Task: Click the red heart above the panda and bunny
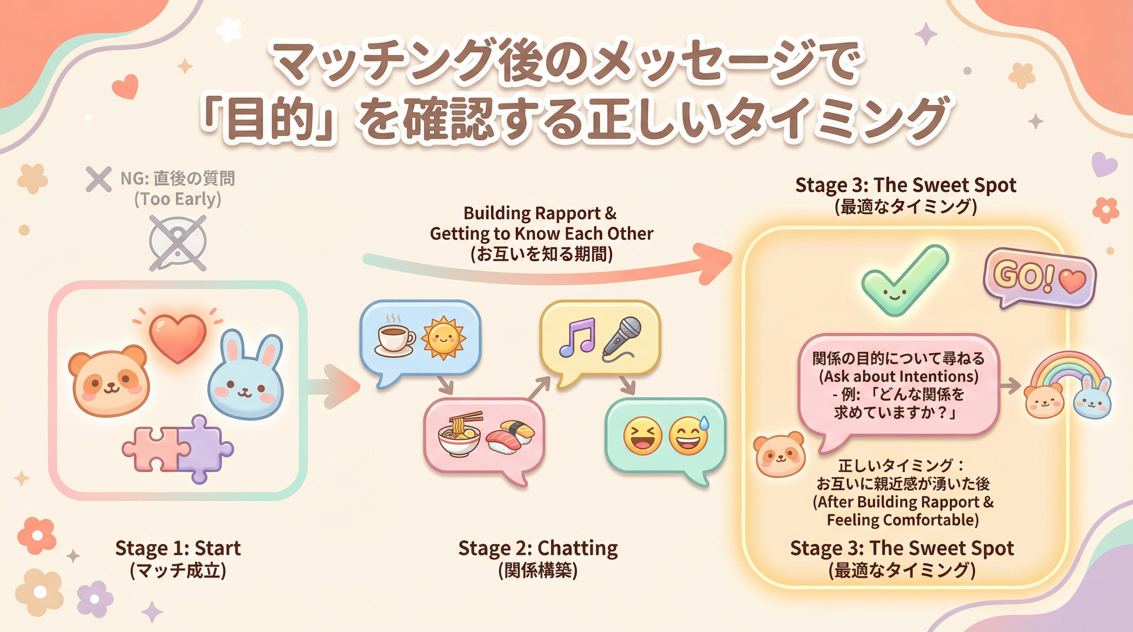(x=178, y=338)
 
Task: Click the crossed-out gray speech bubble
(x=178, y=243)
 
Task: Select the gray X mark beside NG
(x=98, y=179)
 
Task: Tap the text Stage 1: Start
(x=178, y=548)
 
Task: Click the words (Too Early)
(x=177, y=199)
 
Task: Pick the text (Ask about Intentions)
(x=899, y=376)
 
